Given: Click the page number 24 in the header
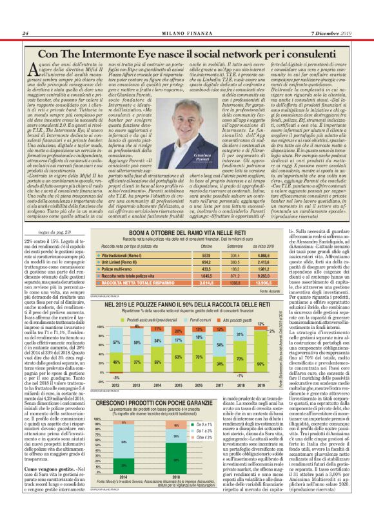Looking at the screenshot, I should point(25,33).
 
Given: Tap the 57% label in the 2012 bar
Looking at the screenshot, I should point(115,342).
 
